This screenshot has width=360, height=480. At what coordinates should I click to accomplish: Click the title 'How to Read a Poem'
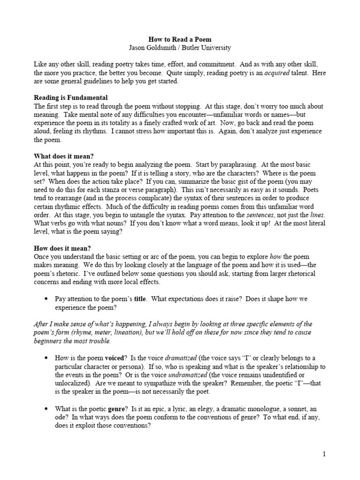[180, 39]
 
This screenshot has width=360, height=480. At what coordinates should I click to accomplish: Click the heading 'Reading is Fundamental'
[71, 98]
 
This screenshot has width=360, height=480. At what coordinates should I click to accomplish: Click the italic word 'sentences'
[261, 215]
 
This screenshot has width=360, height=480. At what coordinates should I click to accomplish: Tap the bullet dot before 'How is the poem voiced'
[46, 358]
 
